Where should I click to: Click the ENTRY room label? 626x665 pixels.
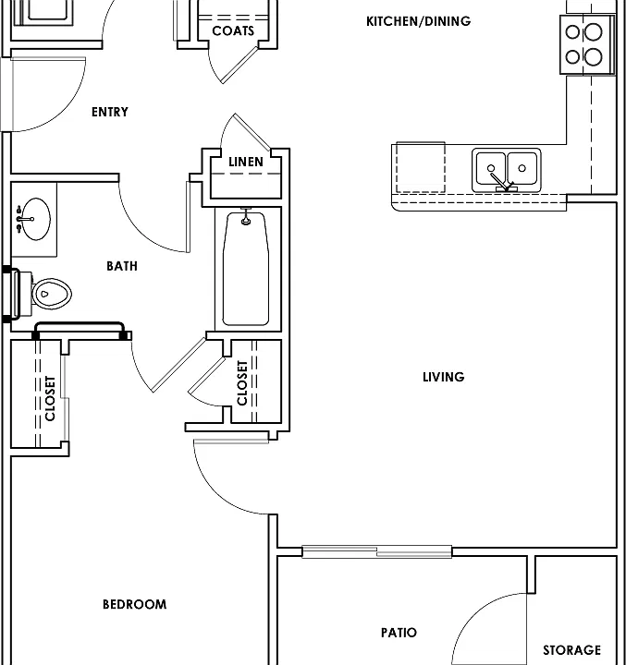click(109, 112)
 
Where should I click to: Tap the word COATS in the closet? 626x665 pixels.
click(233, 31)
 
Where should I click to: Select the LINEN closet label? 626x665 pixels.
click(246, 162)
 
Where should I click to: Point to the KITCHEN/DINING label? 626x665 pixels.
click(418, 21)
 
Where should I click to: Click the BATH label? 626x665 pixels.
click(122, 266)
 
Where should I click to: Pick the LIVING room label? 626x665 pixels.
click(444, 377)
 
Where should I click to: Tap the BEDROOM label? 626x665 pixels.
click(135, 604)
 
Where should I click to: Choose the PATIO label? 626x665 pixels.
click(399, 633)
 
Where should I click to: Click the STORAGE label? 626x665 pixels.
click(572, 649)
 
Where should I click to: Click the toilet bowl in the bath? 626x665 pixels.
click(52, 294)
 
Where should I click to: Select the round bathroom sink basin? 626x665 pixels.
click(36, 219)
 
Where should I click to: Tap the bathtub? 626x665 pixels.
click(246, 269)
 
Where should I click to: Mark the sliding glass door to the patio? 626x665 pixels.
click(376, 551)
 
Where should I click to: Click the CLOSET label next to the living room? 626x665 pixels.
click(242, 383)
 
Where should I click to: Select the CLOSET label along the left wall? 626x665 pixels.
click(50, 398)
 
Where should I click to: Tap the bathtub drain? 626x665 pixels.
click(245, 221)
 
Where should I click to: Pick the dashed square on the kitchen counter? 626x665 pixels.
click(421, 167)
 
